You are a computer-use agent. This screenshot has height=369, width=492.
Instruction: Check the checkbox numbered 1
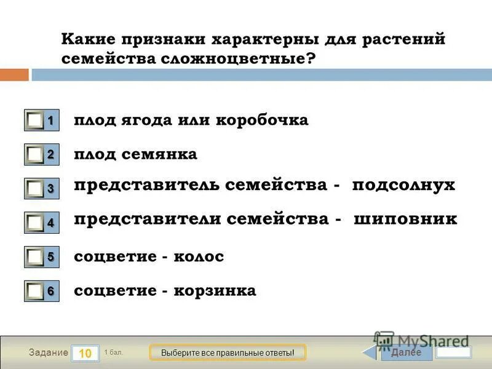tap(36, 121)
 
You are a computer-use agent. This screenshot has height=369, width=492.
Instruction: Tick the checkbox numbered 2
tap(36, 155)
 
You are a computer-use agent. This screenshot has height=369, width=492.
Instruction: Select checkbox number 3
tap(36, 189)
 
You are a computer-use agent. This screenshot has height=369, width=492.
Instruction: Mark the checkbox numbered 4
tap(36, 223)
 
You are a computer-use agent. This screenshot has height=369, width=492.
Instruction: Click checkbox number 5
tap(36, 257)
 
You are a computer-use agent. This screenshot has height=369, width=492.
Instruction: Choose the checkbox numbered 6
tap(36, 291)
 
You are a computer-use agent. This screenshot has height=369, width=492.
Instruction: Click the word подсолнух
tap(403, 186)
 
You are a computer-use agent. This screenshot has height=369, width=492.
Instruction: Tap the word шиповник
tap(405, 219)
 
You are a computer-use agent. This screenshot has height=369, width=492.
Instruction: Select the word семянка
tap(161, 154)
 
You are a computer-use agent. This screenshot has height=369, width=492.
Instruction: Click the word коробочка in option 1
tap(261, 120)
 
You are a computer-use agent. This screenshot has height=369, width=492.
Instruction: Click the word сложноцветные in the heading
tap(224, 59)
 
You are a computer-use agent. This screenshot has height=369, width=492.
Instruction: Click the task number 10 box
tap(85, 353)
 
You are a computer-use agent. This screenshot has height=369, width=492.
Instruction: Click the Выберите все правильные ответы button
tap(228, 353)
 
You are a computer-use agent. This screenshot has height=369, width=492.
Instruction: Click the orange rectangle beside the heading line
tap(14, 75)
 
